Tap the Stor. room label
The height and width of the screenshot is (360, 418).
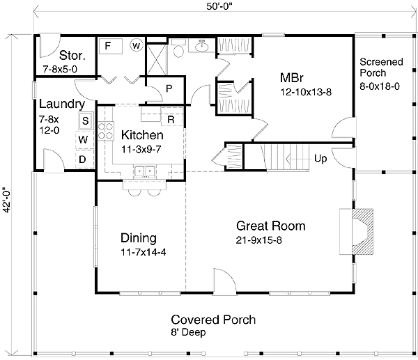pos(72,54)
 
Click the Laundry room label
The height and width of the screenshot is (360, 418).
pos(62,104)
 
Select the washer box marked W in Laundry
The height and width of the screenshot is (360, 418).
pos(83,139)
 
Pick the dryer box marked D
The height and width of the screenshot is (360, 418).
pos(82,159)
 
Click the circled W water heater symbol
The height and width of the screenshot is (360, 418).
pos(136,46)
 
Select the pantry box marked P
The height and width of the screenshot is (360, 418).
pos(168,88)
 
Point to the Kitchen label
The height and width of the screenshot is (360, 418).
pos(142,135)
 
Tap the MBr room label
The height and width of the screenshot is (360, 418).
pos(291,77)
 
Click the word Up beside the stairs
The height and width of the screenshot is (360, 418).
pos(321,158)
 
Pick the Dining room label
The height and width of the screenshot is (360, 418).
pos(138,237)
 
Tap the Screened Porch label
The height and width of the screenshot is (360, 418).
pos(381,67)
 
